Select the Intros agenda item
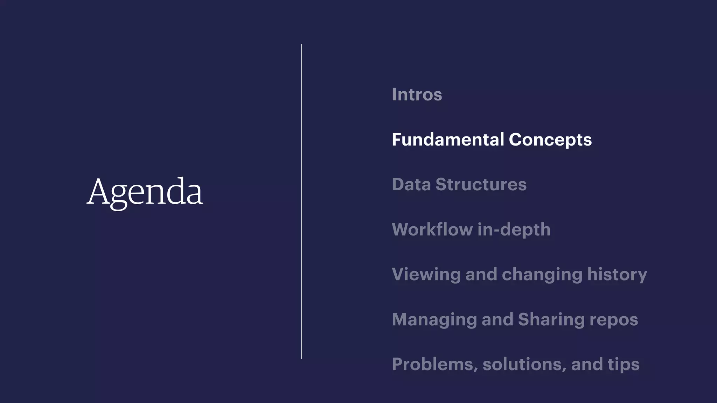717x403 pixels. coord(417,94)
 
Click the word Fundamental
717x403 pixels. coord(447,140)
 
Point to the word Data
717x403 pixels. coord(411,184)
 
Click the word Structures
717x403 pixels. coord(481,184)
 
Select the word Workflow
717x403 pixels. coord(432,229)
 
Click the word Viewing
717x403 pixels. coord(426,275)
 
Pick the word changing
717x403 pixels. coord(542,275)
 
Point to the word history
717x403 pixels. coord(617,275)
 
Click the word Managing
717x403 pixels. coord(434,320)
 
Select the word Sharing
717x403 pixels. coord(551,320)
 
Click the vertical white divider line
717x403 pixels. coord(301,201)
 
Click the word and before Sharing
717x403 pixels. coord(497,319)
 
